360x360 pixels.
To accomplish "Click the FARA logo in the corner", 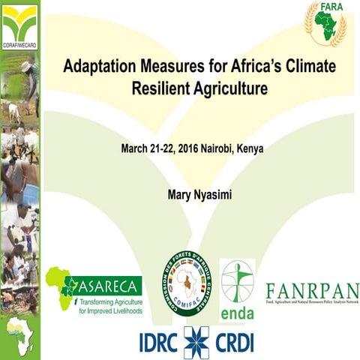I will tap(325, 23).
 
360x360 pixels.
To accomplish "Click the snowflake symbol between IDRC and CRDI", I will tap(196, 340).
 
